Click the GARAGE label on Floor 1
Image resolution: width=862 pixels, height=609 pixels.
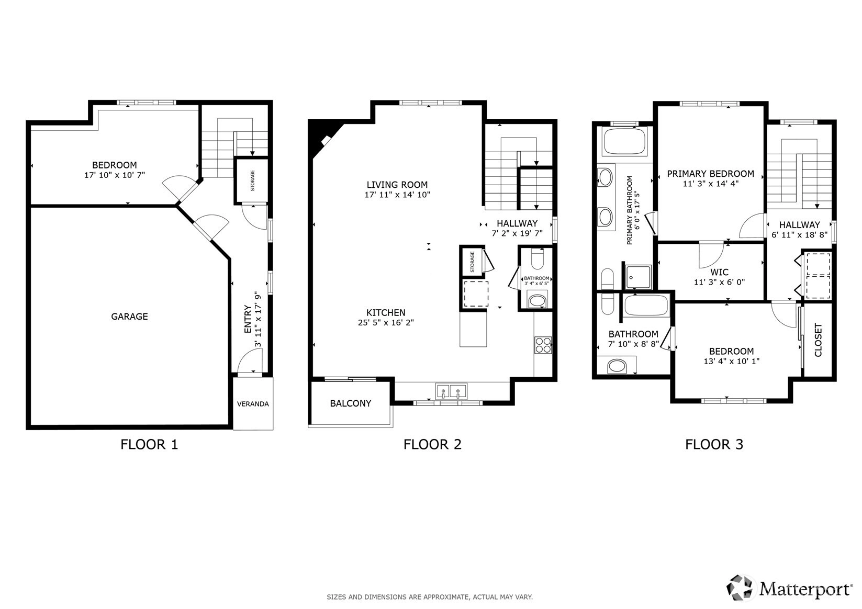pos(129,317)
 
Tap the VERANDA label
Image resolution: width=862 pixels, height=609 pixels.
pos(253,404)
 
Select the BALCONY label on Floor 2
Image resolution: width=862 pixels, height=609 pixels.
pos(351,403)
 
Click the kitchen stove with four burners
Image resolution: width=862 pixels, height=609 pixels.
pos(543,345)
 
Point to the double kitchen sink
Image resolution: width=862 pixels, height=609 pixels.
pos(451,391)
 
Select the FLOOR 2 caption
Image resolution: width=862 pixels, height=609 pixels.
pos(432,444)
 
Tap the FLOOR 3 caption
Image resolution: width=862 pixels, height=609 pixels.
pos(714,444)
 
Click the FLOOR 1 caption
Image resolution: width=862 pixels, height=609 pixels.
pos(149,444)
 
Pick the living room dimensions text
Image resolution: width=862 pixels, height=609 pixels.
pos(398,195)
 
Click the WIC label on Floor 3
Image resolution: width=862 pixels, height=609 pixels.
pos(719,273)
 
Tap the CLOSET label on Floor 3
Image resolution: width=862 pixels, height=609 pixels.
pos(818,340)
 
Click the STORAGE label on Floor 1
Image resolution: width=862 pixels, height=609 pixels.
pos(253,181)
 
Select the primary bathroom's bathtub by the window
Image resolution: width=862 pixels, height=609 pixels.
pos(624,142)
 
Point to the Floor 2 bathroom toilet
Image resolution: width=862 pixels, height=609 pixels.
pos(537,259)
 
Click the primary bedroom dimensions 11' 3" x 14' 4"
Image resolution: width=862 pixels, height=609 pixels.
pos(711,184)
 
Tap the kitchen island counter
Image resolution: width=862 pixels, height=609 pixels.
pos(473,329)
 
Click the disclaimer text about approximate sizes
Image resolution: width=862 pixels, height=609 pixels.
pos(430,597)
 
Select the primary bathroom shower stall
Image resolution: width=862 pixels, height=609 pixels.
pos(639,277)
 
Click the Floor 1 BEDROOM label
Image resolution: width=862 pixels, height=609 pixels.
pos(114,165)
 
